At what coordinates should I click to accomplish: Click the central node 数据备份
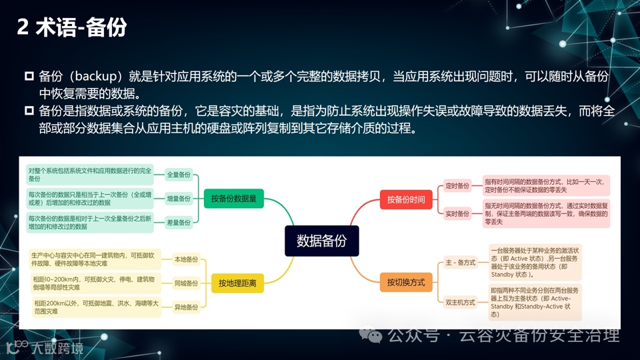point(321,241)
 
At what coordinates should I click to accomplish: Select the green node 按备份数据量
point(233,198)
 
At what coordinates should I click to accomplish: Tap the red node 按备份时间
point(405,199)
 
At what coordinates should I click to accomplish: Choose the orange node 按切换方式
point(405,283)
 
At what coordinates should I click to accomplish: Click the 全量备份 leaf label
point(179,175)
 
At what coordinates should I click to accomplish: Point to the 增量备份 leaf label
point(179,198)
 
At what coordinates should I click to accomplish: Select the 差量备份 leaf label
point(179,221)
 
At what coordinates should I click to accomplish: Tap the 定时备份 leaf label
point(457,186)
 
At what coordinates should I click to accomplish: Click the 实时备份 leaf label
point(457,213)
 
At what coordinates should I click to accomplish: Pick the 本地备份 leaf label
point(186,259)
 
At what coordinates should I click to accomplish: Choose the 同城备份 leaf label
point(186,283)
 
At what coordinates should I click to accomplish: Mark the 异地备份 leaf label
point(186,307)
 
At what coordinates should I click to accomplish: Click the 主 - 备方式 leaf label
point(461,263)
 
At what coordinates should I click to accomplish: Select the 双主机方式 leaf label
point(461,303)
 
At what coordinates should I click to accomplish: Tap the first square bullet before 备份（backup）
point(29,77)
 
